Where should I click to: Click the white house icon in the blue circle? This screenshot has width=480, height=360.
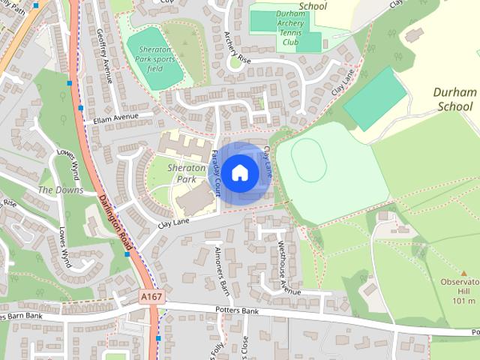[239, 172]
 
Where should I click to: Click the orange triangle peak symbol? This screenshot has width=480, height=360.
[464, 274]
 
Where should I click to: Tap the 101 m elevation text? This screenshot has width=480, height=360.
[464, 301]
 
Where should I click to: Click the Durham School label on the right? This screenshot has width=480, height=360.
[455, 100]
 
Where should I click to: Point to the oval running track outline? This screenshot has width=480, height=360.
[308, 160]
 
